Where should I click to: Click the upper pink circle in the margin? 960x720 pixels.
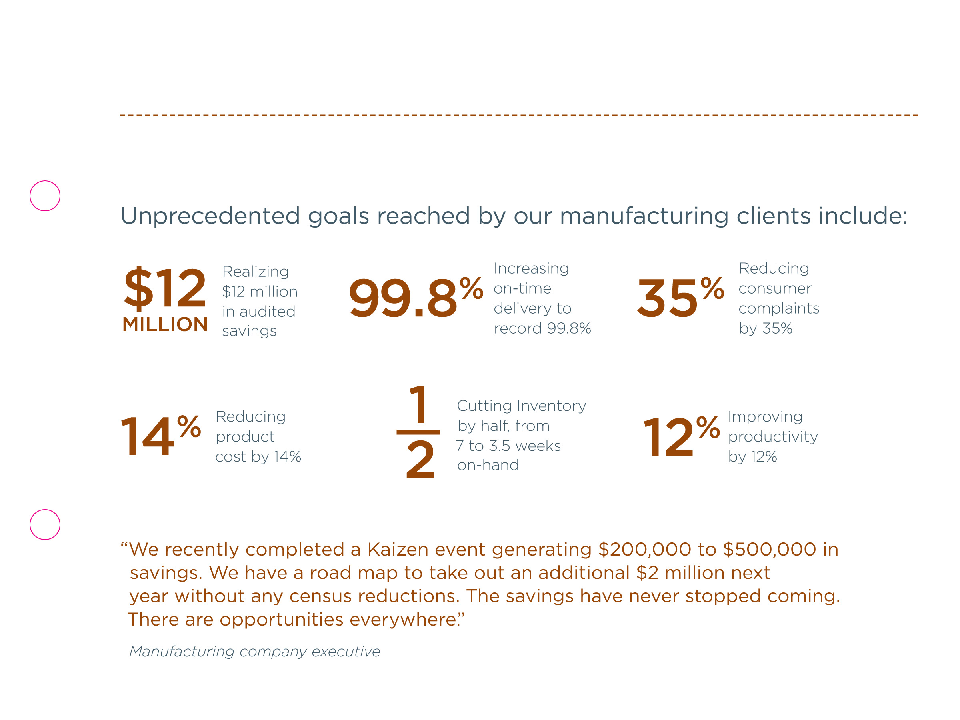pos(45,196)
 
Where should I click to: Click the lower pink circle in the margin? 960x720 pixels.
pos(45,524)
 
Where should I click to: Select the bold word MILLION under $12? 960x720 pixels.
pos(165,324)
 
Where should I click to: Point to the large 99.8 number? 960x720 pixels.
pos(402,298)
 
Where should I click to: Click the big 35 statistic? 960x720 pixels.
pos(667,298)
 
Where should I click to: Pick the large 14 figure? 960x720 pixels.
pos(148,436)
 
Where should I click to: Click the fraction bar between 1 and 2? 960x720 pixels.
pos(418,432)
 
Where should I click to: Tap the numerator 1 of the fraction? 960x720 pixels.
pos(418,404)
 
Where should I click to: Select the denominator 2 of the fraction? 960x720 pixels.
pos(420,460)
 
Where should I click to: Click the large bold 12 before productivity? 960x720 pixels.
pos(668,438)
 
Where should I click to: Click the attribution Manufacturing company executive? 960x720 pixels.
pos(254,652)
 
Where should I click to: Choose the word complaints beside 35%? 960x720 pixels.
pos(778,308)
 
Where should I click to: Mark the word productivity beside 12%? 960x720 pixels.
pos(772,437)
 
